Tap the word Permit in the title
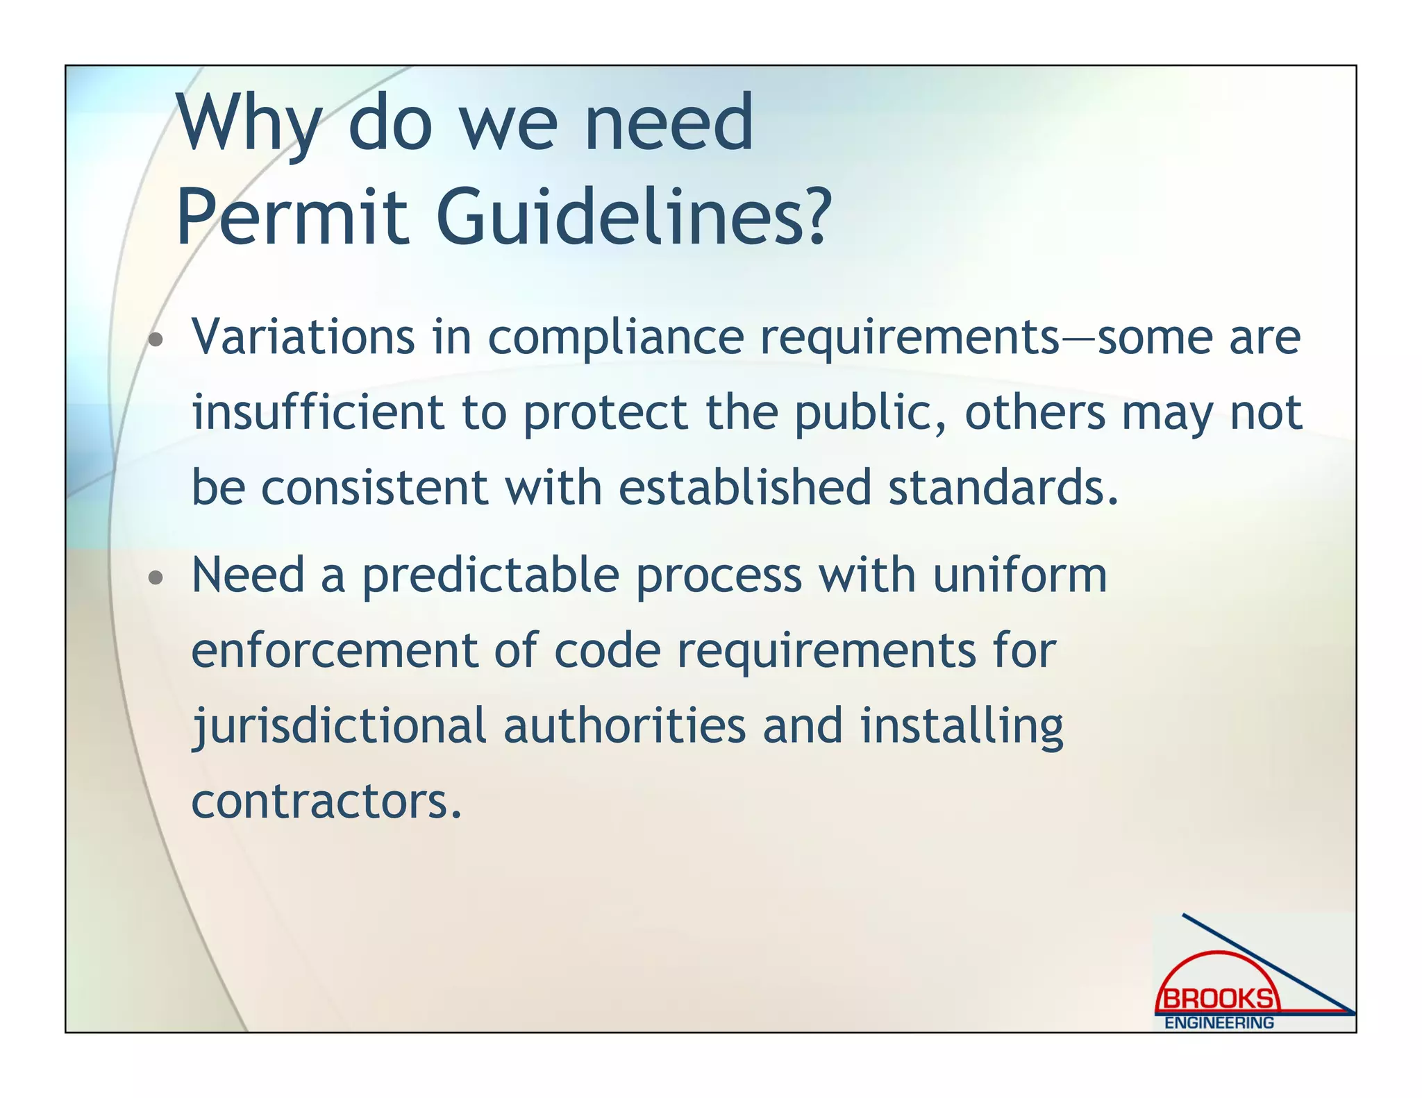click(292, 217)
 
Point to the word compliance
click(615, 339)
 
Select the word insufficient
click(317, 412)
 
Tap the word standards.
click(1003, 487)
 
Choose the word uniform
click(1019, 576)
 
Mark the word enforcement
click(334, 651)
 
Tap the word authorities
click(624, 726)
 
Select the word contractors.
click(326, 802)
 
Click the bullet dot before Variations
click(156, 340)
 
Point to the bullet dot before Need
click(156, 577)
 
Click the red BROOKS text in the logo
click(1218, 999)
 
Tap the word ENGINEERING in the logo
click(1219, 1023)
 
